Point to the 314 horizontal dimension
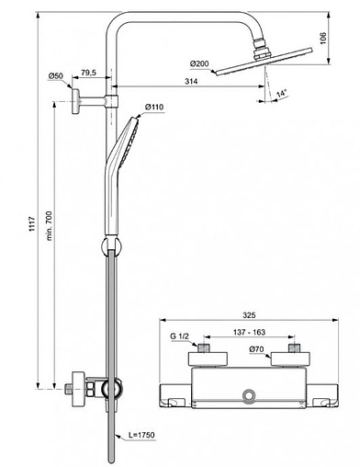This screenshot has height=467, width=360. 191,83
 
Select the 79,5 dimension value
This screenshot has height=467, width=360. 89,72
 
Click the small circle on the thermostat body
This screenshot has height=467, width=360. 248,395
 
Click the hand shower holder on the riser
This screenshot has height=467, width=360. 112,245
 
